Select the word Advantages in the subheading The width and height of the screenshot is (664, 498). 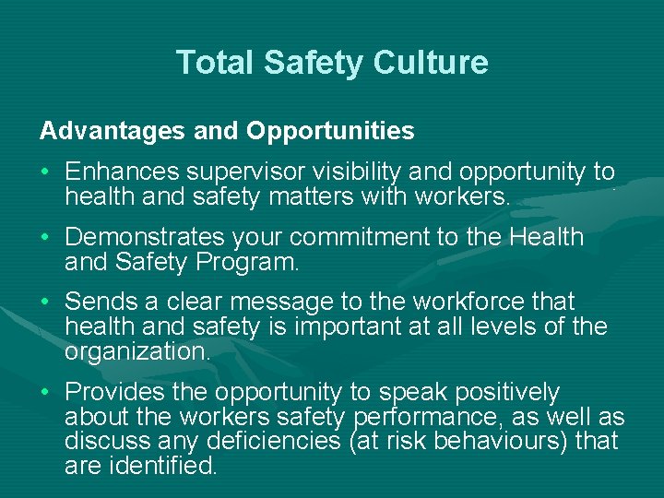[113, 131]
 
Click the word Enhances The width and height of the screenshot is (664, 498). [122, 172]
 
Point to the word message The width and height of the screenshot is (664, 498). [286, 302]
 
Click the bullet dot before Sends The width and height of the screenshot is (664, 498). [45, 302]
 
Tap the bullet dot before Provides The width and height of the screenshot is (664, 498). [45, 393]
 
